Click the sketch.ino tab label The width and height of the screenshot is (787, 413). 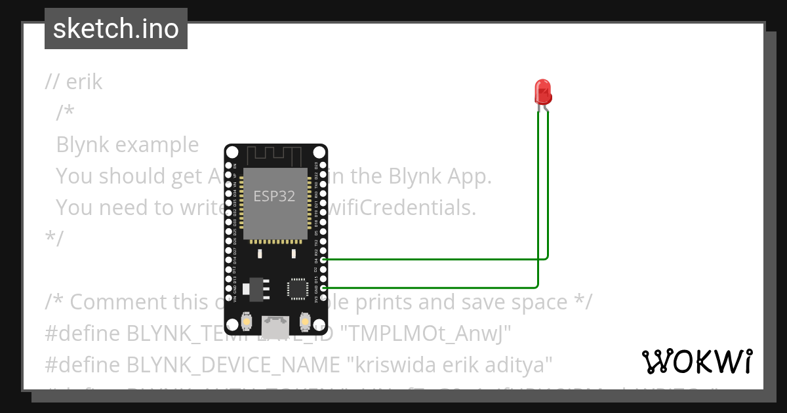pyautogui.click(x=116, y=29)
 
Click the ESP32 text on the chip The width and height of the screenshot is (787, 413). pyautogui.click(x=274, y=195)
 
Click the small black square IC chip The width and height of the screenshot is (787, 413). pyautogui.click(x=297, y=288)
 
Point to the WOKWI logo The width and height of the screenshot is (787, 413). pyautogui.click(x=697, y=361)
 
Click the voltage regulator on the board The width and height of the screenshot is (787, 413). pyautogui.click(x=255, y=287)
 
